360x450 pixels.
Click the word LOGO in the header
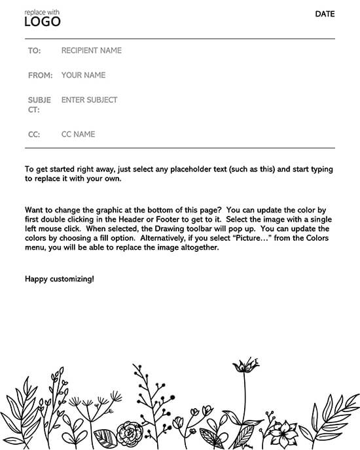[x=42, y=22]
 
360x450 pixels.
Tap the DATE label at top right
[x=325, y=14]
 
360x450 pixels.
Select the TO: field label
[x=34, y=50]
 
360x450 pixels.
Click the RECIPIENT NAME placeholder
[x=91, y=50]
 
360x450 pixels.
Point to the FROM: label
[x=40, y=75]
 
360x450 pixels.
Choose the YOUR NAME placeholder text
[x=83, y=75]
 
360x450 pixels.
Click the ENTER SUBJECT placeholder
[x=89, y=100]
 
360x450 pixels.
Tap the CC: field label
[x=34, y=134]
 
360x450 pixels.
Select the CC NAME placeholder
[x=78, y=134]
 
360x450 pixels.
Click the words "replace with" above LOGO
[x=41, y=11]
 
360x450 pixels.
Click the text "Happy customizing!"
[x=59, y=279]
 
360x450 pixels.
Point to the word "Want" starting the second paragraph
[x=34, y=209]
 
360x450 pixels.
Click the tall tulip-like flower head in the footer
[x=245, y=365]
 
